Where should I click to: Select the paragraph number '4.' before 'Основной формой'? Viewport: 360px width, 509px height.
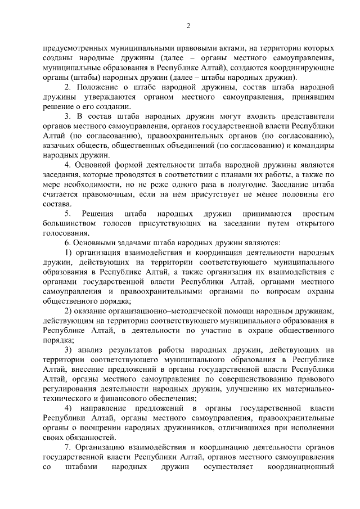click(x=67, y=165)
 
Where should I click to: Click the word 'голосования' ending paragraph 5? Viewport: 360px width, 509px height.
click(x=66, y=233)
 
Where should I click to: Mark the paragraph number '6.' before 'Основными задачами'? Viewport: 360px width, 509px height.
click(x=67, y=242)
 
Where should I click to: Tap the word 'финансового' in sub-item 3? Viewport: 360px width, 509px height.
click(x=125, y=398)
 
